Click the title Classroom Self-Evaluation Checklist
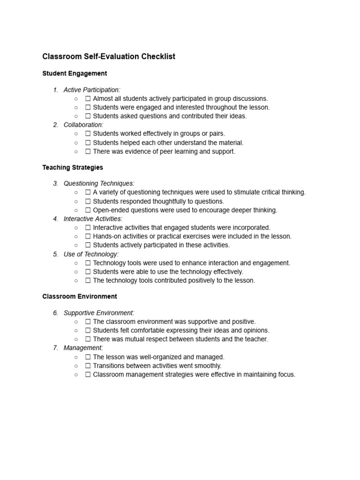(109, 57)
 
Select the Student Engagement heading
(75, 74)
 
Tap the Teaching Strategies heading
(73, 167)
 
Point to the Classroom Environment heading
(79, 297)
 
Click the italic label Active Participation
(92, 90)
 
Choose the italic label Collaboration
(83, 125)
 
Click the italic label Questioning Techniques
(99, 183)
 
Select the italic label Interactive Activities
(93, 219)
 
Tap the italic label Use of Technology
(91, 254)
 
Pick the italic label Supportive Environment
(99, 313)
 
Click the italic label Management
(83, 348)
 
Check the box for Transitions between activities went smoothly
(88, 366)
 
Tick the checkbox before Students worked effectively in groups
(88, 134)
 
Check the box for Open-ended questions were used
(88, 210)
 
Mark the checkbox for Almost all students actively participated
(88, 98)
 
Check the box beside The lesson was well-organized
(88, 357)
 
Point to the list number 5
(55, 254)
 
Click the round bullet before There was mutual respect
(76, 339)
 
